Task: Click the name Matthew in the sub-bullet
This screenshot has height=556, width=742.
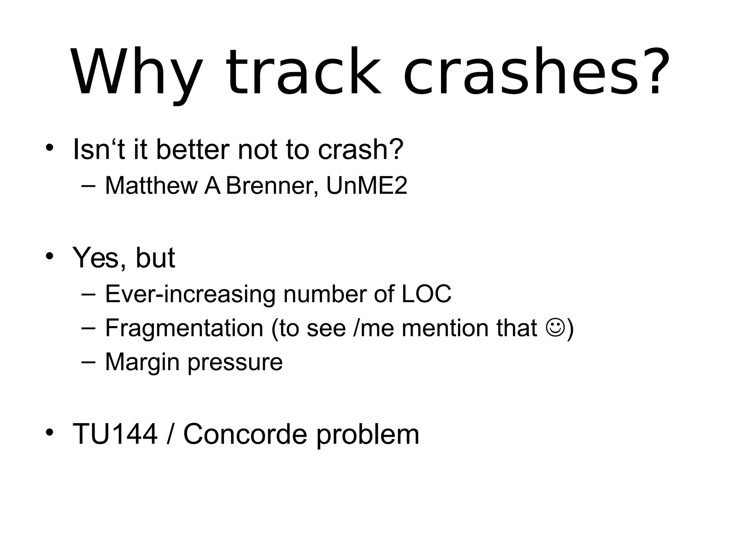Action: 151,185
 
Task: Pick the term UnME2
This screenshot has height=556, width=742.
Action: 367,185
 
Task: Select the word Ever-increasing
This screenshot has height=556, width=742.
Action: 190,294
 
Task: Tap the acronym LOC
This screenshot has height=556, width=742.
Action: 426,294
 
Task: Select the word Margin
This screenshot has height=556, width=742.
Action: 142,362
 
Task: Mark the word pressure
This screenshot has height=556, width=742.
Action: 235,362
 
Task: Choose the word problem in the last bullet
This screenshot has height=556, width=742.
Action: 368,434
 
